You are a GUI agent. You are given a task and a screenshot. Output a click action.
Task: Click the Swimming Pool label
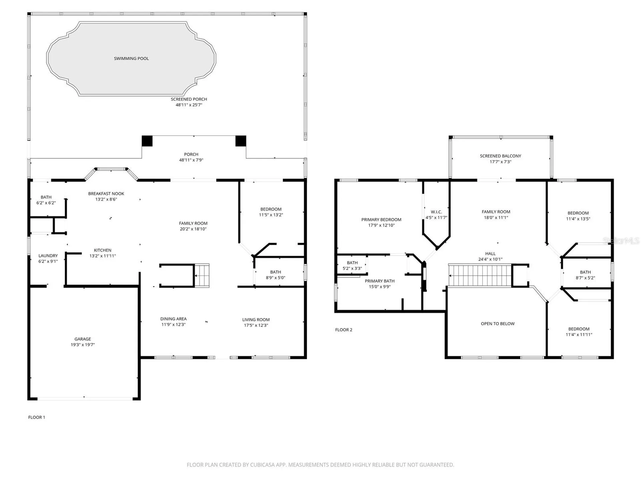131,58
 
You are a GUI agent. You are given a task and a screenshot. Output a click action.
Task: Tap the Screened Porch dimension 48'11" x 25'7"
189,105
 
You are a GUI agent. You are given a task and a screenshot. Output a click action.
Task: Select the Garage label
83,339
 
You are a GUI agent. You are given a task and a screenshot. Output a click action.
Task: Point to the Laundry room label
48,256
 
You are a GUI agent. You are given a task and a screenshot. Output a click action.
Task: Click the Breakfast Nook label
106,194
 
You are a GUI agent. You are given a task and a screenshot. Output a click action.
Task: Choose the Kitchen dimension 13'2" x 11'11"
102,256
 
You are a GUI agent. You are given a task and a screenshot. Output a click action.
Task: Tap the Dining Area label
173,319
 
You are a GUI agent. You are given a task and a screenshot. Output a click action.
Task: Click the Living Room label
256,320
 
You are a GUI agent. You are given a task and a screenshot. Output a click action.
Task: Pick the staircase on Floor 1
202,276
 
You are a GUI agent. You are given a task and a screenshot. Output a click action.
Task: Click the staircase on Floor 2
480,275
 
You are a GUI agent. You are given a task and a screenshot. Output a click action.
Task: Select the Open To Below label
498,324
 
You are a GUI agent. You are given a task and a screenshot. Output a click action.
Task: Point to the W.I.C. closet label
436,212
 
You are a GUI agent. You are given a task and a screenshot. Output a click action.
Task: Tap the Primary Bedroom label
381,220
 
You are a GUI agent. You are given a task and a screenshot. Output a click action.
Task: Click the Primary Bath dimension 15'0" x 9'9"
380,287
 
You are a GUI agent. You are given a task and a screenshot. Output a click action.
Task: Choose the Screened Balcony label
500,156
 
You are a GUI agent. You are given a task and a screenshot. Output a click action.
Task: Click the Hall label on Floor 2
490,254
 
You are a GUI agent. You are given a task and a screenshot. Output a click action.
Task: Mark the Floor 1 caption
37,417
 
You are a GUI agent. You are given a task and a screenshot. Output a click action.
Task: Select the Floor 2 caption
344,330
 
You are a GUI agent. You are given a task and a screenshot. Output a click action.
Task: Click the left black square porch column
147,141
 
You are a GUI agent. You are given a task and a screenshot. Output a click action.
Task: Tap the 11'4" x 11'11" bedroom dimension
579,335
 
